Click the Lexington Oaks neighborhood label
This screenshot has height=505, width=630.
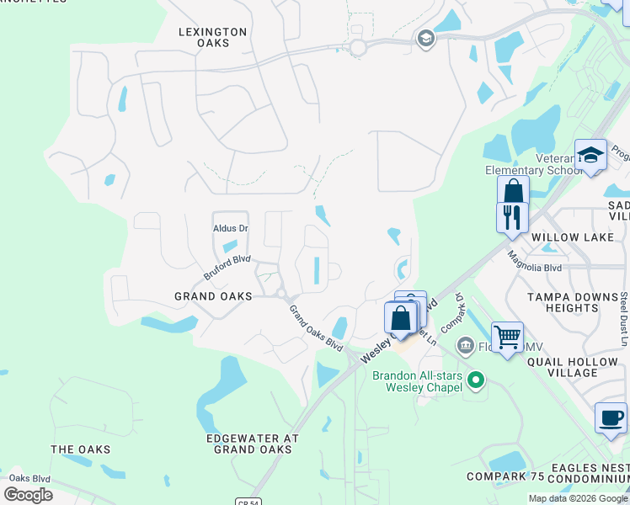pos(212,38)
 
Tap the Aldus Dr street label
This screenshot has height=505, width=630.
pos(230,228)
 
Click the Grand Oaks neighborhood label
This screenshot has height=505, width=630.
pos(213,296)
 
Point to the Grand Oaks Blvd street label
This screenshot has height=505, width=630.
pos(317,328)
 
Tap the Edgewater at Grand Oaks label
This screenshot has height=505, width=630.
pos(253,444)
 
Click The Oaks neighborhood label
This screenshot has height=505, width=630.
pos(80,449)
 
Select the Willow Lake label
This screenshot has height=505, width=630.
pos(572,237)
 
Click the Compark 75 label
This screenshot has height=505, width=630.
pos(507,477)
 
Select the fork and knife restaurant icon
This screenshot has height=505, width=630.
pos(512,216)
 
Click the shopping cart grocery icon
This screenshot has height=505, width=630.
pos(507,338)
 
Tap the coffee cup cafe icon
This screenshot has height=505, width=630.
pos(611,417)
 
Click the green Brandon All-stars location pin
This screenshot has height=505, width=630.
pos(477,380)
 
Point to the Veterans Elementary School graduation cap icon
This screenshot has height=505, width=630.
pos(591,155)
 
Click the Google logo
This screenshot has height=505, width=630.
pos(29,495)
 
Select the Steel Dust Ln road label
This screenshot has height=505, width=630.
pos(622,319)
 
